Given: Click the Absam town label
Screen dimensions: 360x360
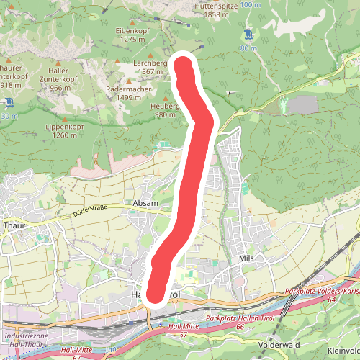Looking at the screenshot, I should click(x=145, y=204).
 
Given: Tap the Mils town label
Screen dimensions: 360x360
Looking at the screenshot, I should click(x=247, y=257).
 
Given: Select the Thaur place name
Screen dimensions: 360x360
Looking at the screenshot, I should click(x=14, y=224).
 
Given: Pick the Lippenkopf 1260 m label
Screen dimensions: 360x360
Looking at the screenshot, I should click(x=65, y=130).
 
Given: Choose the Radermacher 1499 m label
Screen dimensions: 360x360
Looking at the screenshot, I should click(x=127, y=93).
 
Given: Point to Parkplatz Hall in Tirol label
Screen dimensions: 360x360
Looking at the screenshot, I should click(x=235, y=318).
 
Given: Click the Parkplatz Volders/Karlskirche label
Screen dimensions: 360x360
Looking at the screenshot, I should click(x=323, y=292).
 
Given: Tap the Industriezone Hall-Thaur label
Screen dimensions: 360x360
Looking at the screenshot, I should click(x=26, y=340).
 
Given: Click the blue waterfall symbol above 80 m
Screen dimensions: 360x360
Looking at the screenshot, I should click(x=248, y=35).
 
